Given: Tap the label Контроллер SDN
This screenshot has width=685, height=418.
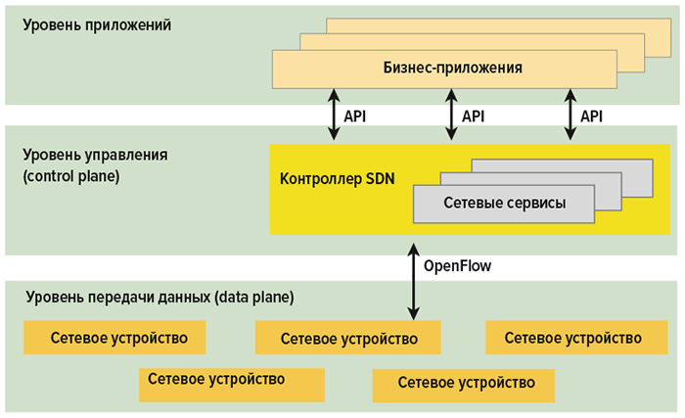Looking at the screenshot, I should point(338,178).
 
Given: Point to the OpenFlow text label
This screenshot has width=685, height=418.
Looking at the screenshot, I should point(457,266).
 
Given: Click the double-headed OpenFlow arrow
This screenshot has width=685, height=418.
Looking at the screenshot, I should point(413,284).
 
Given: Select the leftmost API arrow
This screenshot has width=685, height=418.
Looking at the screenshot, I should point(333,116).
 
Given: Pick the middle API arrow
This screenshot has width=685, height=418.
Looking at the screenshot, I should point(451,116).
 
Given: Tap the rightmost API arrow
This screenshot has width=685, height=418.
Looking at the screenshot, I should point(570,116).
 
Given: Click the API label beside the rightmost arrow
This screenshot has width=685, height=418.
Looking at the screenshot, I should point(591,116).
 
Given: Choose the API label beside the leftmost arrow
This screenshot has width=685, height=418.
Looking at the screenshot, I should point(354,116).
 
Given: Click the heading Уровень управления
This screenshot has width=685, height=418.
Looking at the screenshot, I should point(97,156).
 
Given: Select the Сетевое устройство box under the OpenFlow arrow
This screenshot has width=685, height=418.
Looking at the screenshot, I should point(348,339).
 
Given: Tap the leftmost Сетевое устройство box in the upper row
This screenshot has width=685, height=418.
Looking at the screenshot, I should point(115,338).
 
